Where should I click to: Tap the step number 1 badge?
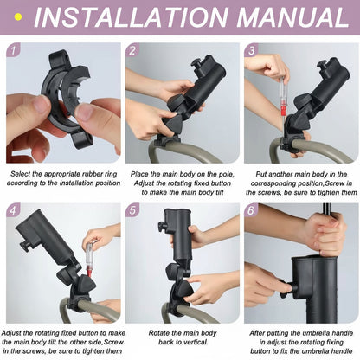pyautogui.click(x=13, y=51)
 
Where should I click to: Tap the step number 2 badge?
pyautogui.click(x=132, y=51)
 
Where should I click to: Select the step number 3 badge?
pyautogui.click(x=252, y=51)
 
